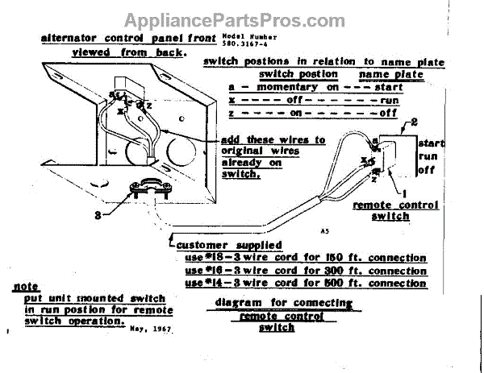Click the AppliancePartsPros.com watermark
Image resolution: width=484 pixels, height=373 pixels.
coord(241,19)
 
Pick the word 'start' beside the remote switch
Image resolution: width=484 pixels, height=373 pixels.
coord(431,142)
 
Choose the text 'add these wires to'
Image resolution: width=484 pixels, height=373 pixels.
coord(273,140)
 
